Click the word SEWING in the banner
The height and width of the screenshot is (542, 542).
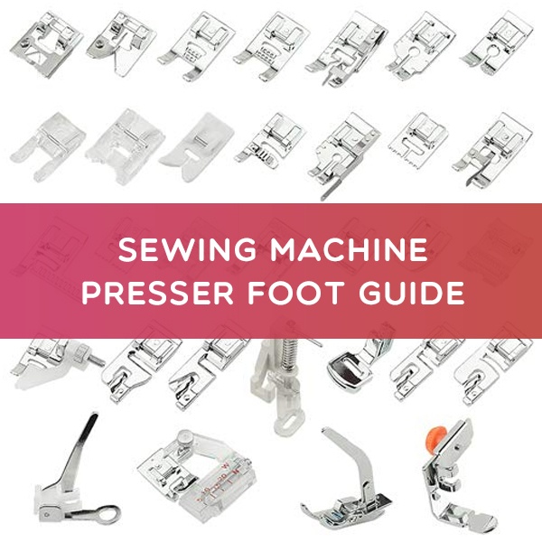tap(165, 250)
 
